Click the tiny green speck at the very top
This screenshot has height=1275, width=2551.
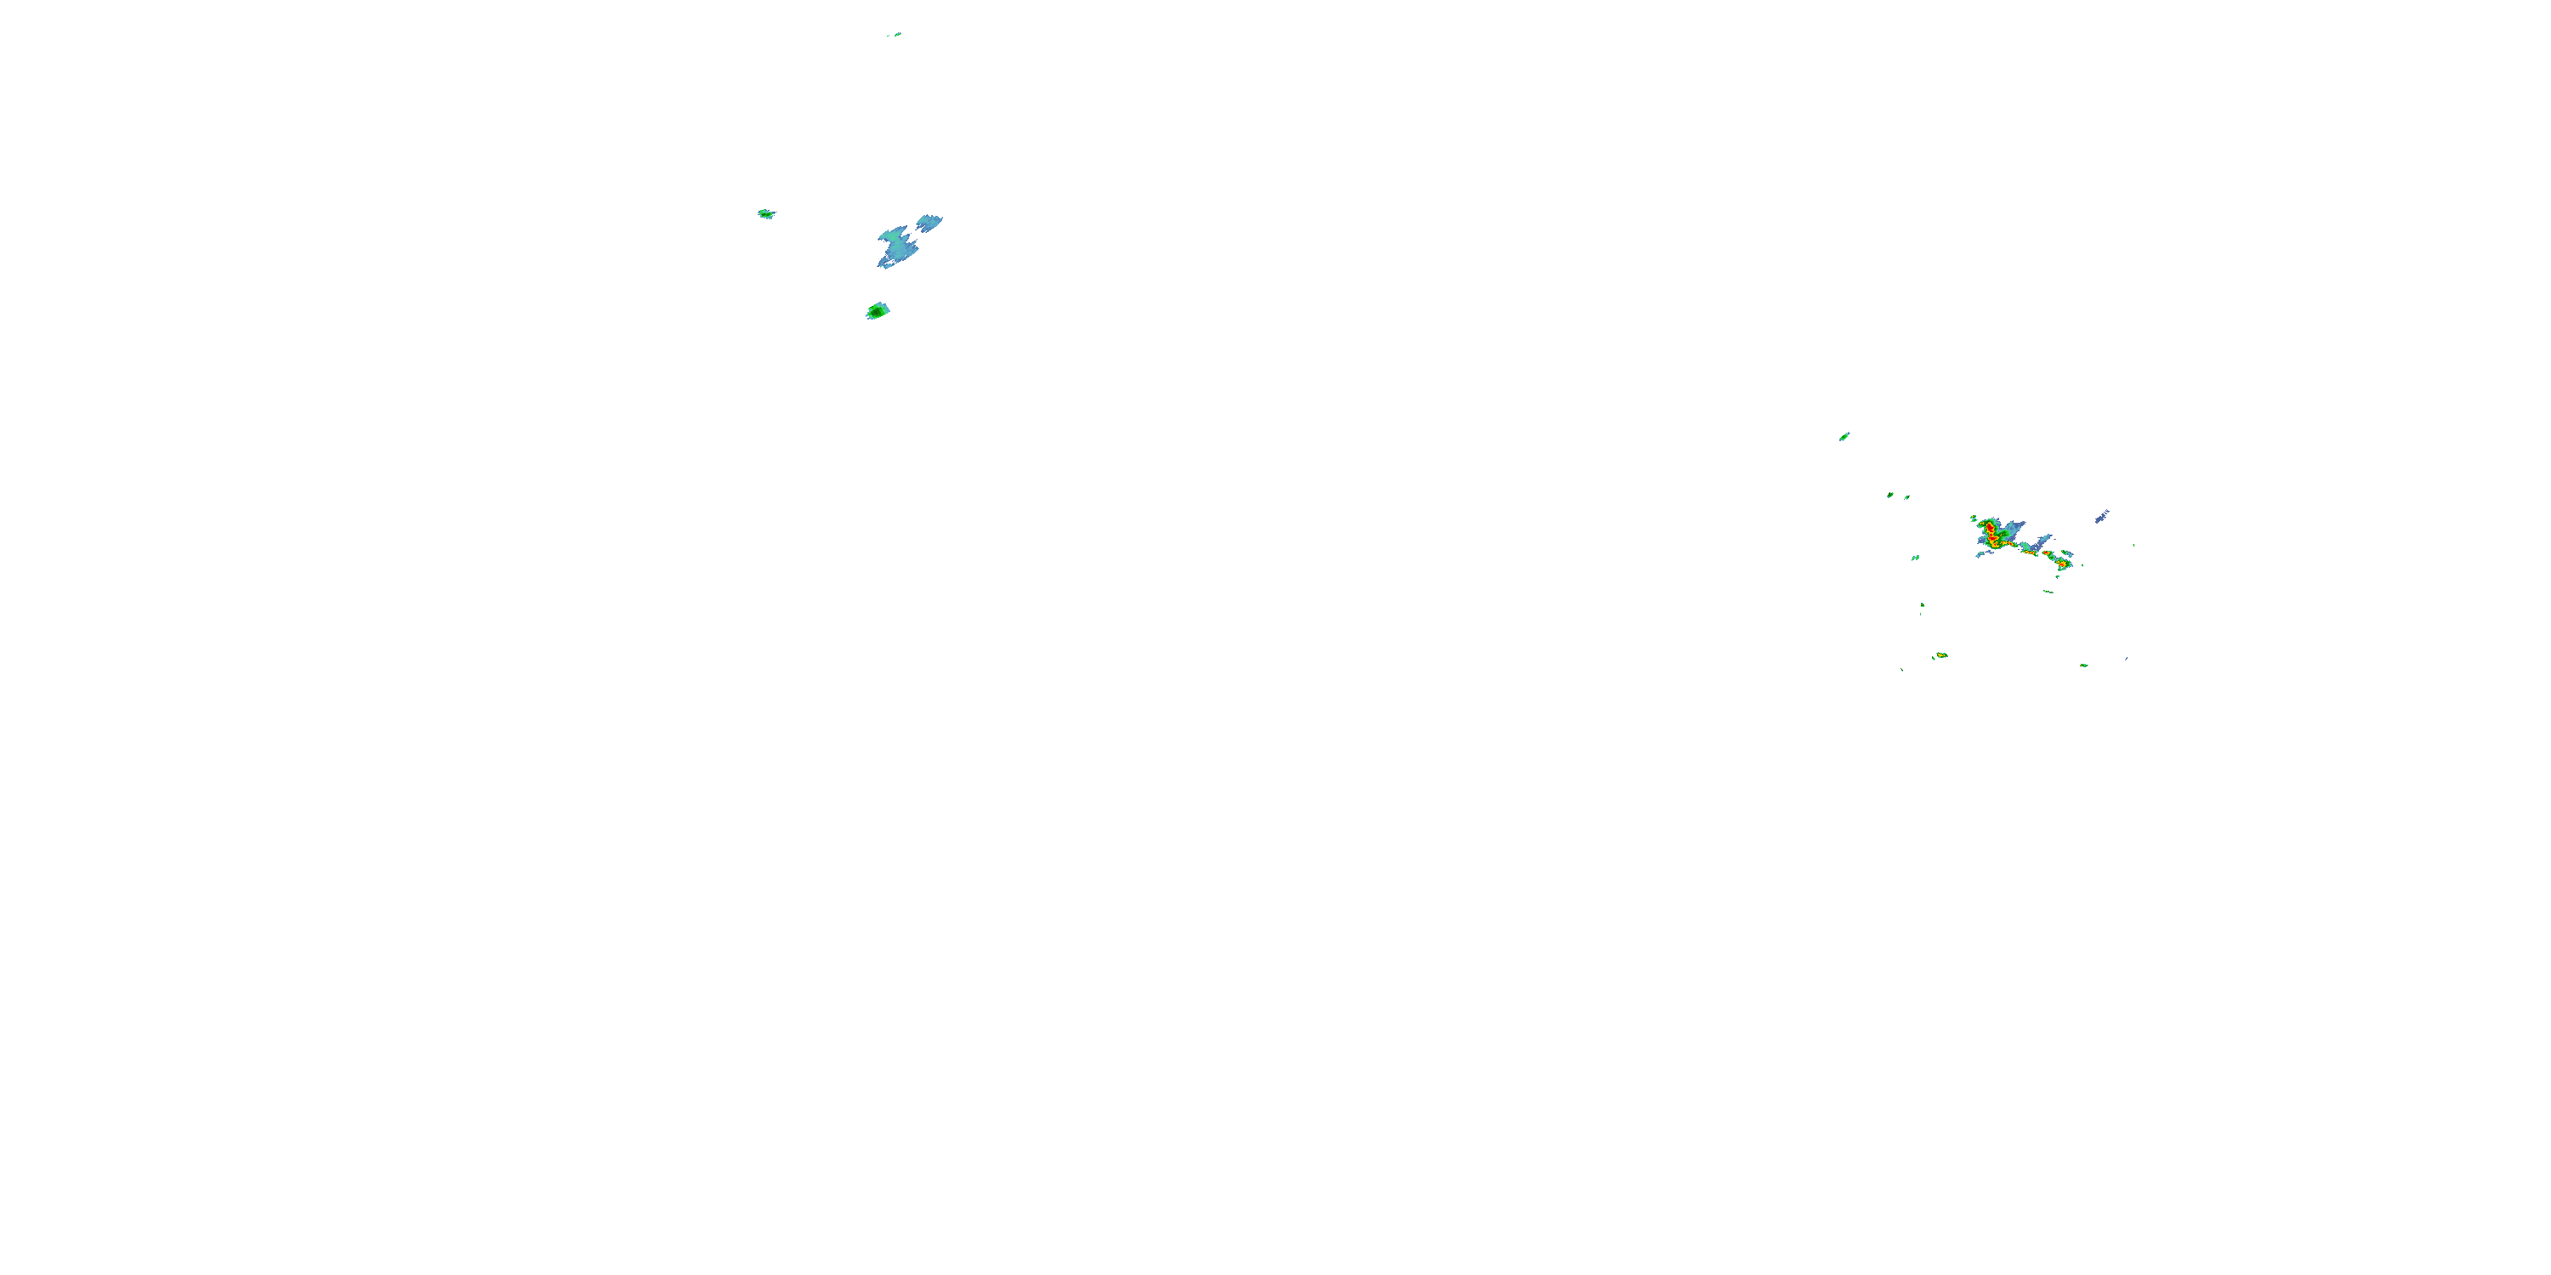tap(896, 35)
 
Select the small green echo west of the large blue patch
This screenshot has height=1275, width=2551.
tap(765, 214)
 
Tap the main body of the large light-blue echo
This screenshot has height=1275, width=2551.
tap(896, 246)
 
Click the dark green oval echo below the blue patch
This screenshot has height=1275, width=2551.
tap(878, 312)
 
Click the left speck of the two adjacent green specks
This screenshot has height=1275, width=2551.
tap(1890, 495)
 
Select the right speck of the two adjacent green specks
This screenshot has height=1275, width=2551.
tap(1906, 497)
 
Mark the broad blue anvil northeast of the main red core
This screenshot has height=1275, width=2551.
tap(2010, 528)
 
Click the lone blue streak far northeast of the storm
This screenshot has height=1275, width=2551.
tap(2101, 516)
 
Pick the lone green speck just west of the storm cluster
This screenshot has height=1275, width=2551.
tap(1915, 558)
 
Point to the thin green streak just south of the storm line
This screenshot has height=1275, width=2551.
tap(2048, 592)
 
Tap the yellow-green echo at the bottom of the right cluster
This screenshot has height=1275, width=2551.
tap(1941, 655)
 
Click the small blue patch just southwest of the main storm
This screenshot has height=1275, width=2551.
tap(1983, 553)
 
